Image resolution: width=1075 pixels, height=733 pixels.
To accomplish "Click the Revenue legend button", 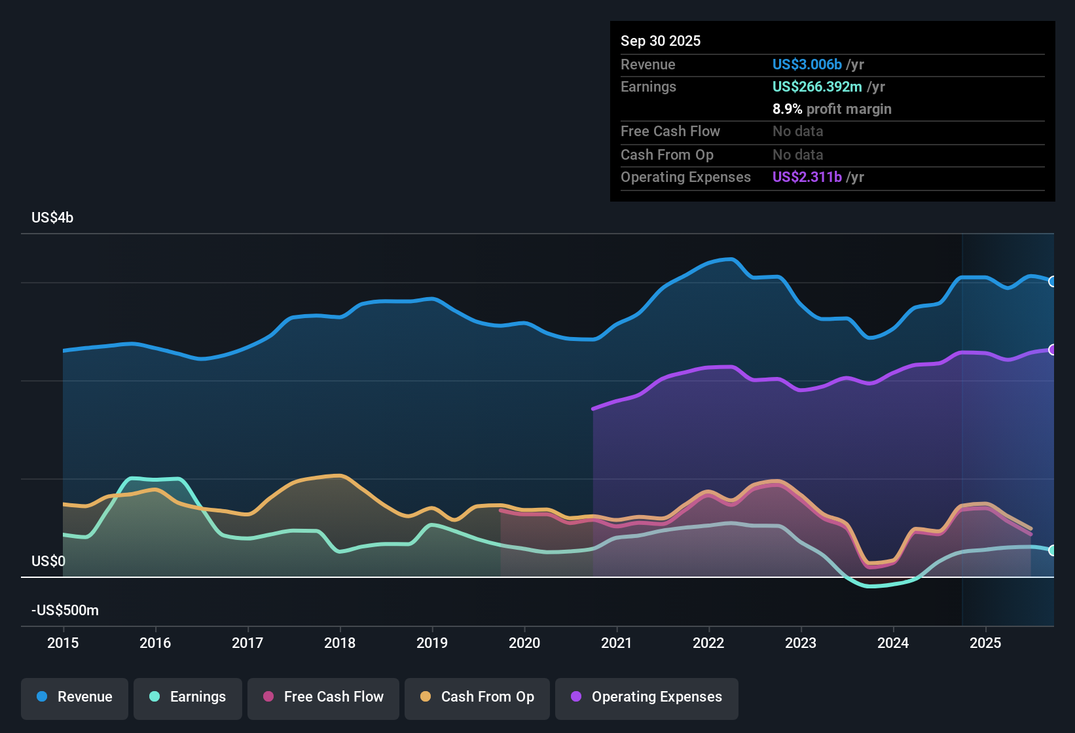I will coord(75,697).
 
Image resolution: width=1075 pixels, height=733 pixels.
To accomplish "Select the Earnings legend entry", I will coord(188,697).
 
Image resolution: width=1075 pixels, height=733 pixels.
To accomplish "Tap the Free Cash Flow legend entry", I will coord(323,697).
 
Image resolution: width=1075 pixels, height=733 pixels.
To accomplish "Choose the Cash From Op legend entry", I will coord(477,697).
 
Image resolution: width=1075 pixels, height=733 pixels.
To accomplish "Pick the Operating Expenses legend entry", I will coord(647,697).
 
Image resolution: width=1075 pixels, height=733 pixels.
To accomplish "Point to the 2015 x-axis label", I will coord(63,643).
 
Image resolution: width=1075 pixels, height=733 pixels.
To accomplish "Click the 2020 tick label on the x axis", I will coord(524,643).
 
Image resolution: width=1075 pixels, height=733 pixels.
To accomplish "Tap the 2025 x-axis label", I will coord(985,643).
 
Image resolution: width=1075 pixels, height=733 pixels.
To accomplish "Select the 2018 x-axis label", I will coord(340,643).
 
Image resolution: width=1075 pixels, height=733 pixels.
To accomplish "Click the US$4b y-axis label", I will coord(52,217).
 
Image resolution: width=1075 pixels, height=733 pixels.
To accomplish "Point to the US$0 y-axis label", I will coord(48,561).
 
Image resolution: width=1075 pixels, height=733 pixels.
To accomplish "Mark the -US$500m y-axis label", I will coord(65,610).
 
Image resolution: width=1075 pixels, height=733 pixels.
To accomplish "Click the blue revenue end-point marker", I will coord(1053,281).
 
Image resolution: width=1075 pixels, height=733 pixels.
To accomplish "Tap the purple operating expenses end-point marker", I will coord(1053,349).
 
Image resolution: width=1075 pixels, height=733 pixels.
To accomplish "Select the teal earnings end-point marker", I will coord(1053,550).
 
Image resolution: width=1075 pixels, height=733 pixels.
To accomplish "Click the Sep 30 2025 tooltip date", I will coord(661,41).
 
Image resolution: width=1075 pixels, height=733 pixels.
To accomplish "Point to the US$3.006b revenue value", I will coord(807,64).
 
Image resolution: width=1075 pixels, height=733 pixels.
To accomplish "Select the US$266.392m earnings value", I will coord(817,86).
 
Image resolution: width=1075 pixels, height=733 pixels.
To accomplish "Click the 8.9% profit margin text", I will coord(831,109).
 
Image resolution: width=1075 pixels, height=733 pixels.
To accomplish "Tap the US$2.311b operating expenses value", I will coord(807,177).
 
